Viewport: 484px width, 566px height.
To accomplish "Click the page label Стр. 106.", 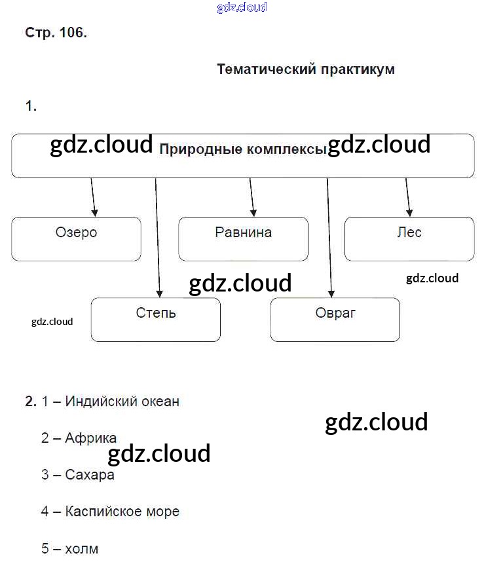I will click(x=56, y=33).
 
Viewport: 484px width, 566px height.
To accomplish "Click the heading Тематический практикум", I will click(x=305, y=69).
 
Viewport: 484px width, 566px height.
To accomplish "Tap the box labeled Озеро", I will click(x=76, y=238).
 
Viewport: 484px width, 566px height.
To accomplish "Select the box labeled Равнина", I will click(x=243, y=238).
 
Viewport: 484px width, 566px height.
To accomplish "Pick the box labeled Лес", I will click(x=409, y=238).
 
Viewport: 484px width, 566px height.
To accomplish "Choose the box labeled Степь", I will click(x=155, y=320).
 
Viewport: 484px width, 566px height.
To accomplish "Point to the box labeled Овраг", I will click(x=335, y=320).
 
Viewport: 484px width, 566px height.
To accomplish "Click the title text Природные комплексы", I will click(x=243, y=150).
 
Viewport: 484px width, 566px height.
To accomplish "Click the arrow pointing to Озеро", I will click(x=93, y=197).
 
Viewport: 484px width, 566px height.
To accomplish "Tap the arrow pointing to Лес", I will click(x=408, y=197).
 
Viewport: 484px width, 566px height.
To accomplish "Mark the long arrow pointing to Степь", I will click(x=157, y=236).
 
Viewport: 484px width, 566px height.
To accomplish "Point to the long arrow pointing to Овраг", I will click(x=329, y=236).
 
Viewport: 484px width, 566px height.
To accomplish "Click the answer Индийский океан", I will click(x=122, y=401).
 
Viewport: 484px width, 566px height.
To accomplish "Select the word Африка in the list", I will click(x=91, y=438).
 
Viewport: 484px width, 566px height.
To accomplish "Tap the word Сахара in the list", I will click(x=90, y=474).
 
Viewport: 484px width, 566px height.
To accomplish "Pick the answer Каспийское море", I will click(x=122, y=511).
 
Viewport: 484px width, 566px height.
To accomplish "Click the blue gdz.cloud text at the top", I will click(x=242, y=8).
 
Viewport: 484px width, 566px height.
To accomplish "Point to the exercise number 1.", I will click(x=30, y=105).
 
